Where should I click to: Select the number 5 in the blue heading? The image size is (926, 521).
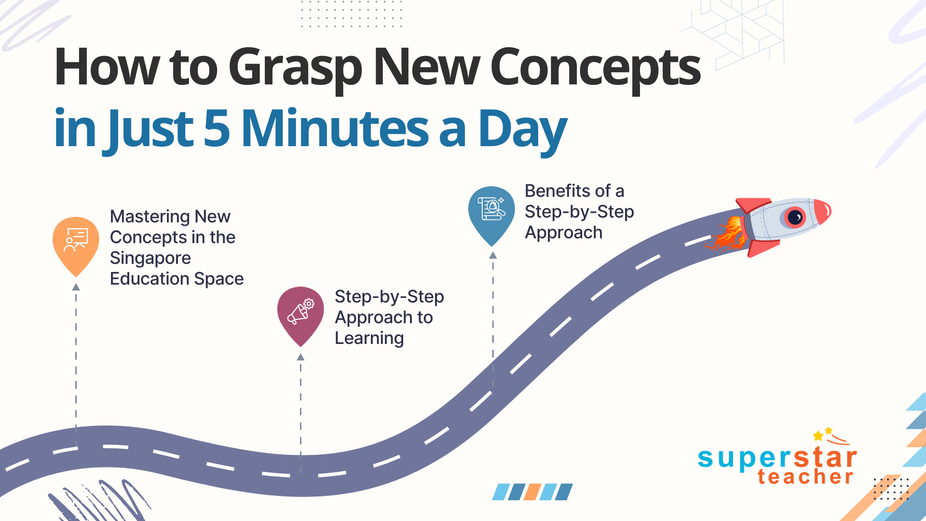(x=217, y=128)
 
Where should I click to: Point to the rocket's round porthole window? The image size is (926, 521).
(x=794, y=217)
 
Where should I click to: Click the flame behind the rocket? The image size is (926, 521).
(x=726, y=234)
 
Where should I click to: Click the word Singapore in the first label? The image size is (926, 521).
(x=150, y=259)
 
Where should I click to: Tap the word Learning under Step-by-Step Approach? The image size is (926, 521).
(x=369, y=339)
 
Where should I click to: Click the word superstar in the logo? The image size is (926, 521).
(x=777, y=457)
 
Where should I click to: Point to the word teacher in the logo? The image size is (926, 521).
(x=805, y=477)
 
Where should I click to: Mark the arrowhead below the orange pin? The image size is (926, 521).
(x=76, y=287)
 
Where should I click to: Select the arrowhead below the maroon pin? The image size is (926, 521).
(x=300, y=357)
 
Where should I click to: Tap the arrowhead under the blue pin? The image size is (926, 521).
(x=493, y=255)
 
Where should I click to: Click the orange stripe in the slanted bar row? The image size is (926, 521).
(x=532, y=492)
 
